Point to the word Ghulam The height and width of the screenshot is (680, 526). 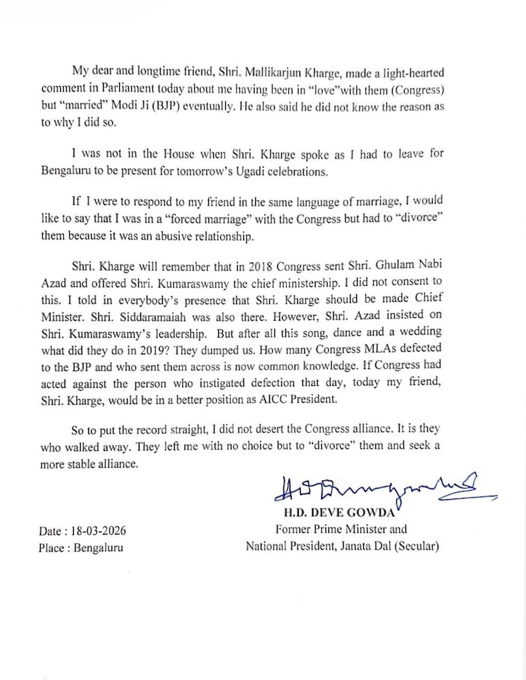pyautogui.click(x=407, y=268)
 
